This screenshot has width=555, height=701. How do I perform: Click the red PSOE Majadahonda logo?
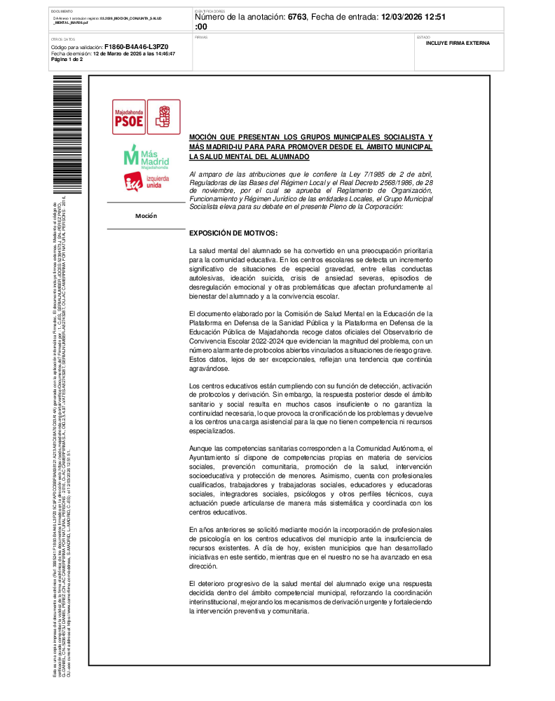(x=129, y=116)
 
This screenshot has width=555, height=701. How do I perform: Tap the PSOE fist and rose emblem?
(x=163, y=116)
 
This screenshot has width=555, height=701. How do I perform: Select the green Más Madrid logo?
(x=146, y=157)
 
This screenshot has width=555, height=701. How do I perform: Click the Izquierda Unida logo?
(x=146, y=182)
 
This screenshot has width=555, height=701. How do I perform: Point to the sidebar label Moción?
(x=146, y=216)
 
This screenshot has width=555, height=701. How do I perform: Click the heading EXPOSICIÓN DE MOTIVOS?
(x=233, y=232)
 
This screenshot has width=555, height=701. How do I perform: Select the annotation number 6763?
(x=297, y=16)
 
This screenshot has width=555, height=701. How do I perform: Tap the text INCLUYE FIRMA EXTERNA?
(x=458, y=43)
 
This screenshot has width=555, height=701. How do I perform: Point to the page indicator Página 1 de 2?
(x=67, y=60)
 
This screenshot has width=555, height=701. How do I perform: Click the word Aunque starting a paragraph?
(x=201, y=449)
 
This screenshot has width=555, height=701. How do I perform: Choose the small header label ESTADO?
(x=423, y=36)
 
